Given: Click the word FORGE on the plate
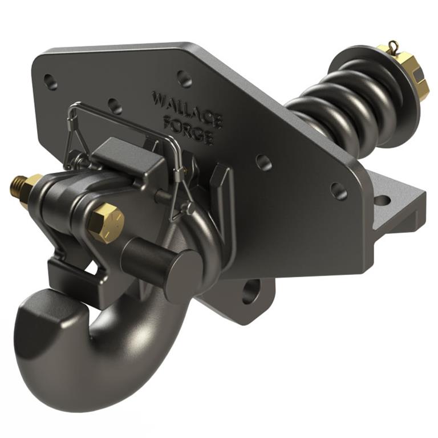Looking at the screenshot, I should [x=188, y=129].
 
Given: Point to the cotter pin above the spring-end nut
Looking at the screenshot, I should [x=393, y=47].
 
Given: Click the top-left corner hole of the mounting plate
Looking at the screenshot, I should [x=50, y=82].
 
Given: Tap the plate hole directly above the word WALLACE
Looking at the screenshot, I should [x=184, y=78].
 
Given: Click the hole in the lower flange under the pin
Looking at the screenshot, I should [x=251, y=290].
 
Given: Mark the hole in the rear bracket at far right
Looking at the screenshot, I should [x=382, y=200].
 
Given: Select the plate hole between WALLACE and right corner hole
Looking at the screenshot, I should [x=263, y=162].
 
